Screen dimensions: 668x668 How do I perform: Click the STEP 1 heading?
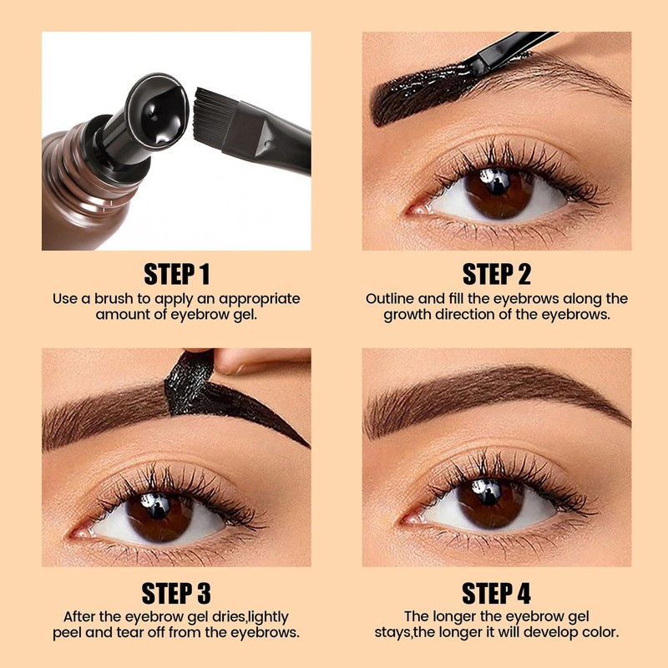(176, 274)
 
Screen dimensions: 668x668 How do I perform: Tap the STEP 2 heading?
(496, 274)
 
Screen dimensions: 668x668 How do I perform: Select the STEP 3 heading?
(176, 593)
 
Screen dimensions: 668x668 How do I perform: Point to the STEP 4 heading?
(496, 593)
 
